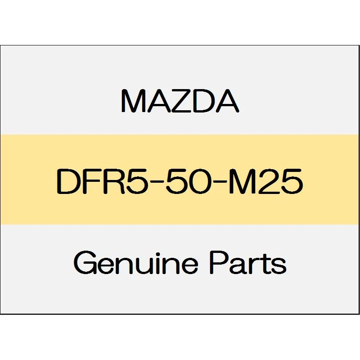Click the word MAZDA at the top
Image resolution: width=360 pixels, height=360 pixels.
(180, 101)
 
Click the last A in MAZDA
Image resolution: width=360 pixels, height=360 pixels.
(227, 101)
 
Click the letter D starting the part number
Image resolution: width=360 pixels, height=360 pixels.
(66, 181)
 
